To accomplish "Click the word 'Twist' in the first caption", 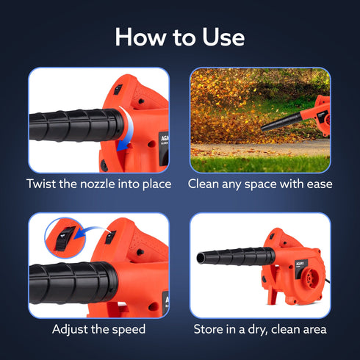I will (43, 184).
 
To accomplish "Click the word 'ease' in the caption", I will (316, 184).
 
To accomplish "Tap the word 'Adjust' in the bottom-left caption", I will (71, 328).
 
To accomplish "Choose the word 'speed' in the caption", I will (127, 328).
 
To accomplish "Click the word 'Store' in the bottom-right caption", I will (209, 328).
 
